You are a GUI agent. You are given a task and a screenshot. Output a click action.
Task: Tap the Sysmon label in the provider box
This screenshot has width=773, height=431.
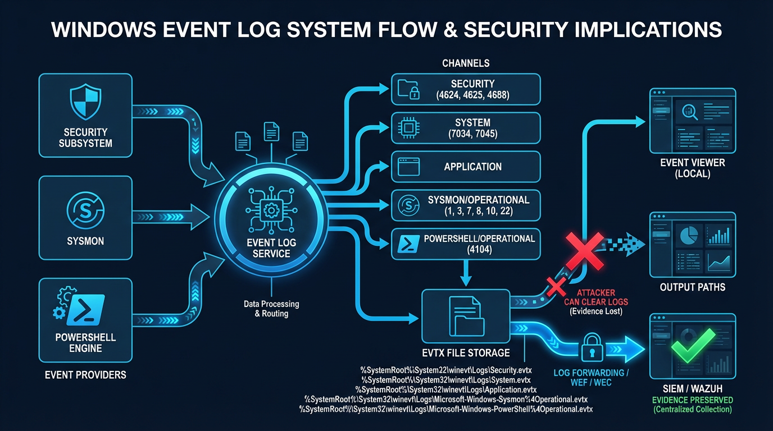point(85,241)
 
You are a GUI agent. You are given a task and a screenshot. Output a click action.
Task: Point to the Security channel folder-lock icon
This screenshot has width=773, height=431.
point(408,89)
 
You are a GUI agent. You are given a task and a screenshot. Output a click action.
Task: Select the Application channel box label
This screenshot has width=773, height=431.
point(472,167)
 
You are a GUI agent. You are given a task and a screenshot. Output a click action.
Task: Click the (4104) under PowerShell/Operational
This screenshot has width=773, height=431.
point(479,250)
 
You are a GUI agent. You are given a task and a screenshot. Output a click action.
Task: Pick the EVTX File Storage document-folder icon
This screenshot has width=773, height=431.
point(466,318)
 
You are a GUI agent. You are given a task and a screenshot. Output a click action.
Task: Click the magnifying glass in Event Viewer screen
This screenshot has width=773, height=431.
point(689,112)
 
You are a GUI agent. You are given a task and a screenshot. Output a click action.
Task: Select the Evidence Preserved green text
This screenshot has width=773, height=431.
point(692,400)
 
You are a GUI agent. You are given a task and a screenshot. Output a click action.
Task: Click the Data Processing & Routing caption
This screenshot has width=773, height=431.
point(271,309)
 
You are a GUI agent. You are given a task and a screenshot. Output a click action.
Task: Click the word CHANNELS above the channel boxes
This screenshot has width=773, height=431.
point(466,63)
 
